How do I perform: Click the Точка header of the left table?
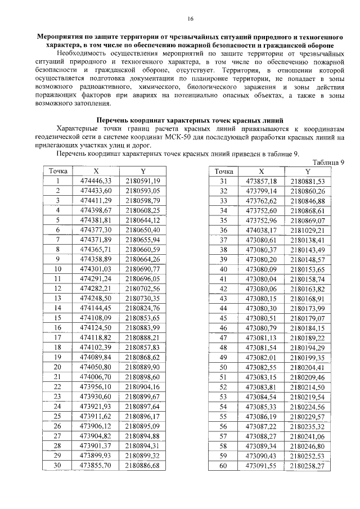click(58, 171)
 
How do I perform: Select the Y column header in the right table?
click(307, 171)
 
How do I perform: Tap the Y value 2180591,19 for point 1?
click(143, 181)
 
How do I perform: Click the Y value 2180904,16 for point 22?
click(143, 387)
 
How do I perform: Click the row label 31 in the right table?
click(223, 181)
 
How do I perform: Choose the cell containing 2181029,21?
click(308, 230)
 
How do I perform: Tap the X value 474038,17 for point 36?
click(262, 230)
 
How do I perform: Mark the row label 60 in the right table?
click(223, 466)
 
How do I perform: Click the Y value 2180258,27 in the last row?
click(308, 466)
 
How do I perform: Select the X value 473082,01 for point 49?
click(262, 358)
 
